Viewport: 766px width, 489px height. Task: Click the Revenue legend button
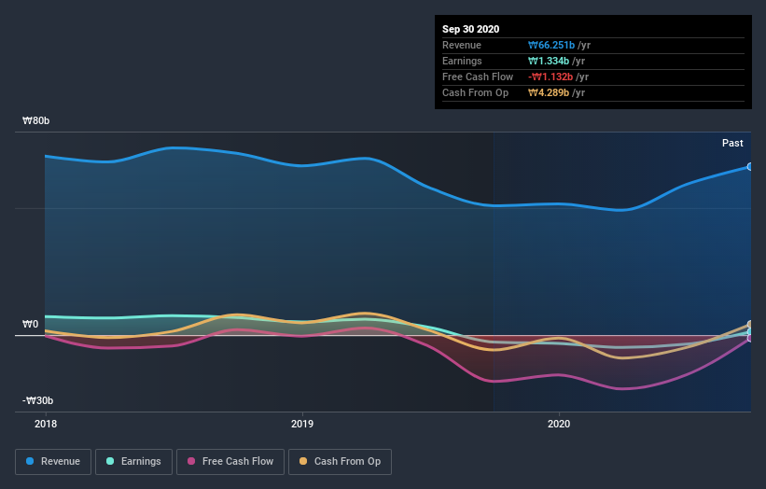pyautogui.click(x=54, y=461)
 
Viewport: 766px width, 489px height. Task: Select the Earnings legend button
pyautogui.click(x=134, y=461)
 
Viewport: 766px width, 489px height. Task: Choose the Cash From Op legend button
pyautogui.click(x=341, y=461)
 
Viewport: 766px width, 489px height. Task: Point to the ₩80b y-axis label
pyautogui.click(x=36, y=121)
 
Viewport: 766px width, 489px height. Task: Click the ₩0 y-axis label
pyautogui.click(x=31, y=325)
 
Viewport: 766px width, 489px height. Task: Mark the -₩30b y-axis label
pyautogui.click(x=36, y=401)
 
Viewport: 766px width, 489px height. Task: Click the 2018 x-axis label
pyautogui.click(x=45, y=423)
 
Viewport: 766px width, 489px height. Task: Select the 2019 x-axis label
pyautogui.click(x=301, y=423)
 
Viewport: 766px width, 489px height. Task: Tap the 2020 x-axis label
pyautogui.click(x=558, y=423)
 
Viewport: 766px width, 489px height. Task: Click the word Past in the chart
pyautogui.click(x=732, y=143)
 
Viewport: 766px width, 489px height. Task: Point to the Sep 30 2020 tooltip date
pyautogui.click(x=470, y=29)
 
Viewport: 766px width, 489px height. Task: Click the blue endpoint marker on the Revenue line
pyautogui.click(x=750, y=167)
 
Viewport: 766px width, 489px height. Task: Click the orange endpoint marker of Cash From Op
pyautogui.click(x=750, y=325)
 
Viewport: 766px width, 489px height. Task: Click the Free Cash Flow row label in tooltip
pyautogui.click(x=478, y=77)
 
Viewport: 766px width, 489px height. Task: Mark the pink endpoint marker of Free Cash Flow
pyautogui.click(x=750, y=338)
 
